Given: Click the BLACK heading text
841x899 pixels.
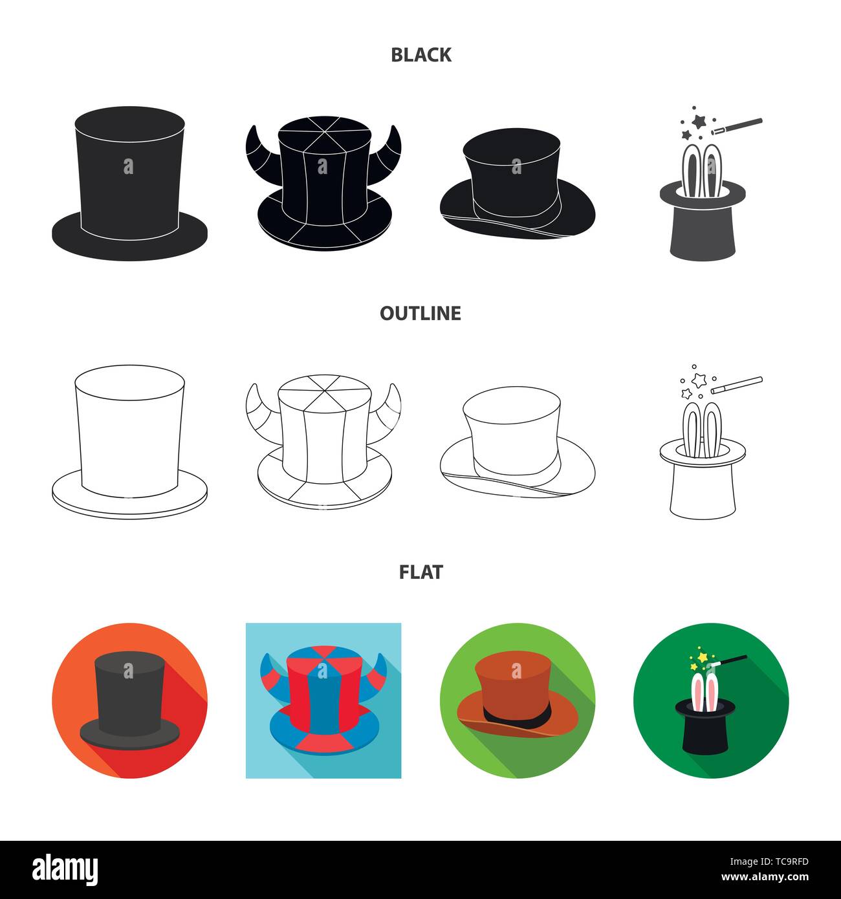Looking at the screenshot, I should pyautogui.click(x=420, y=55).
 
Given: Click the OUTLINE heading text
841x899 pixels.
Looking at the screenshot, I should pyautogui.click(x=420, y=314).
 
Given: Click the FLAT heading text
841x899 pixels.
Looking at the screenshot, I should pyautogui.click(x=420, y=572).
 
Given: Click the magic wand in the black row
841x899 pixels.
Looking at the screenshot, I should pyautogui.click(x=737, y=126).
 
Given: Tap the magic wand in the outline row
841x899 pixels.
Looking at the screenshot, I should pyautogui.click(x=737, y=385).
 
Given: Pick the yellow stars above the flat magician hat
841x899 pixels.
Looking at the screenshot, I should pyautogui.click(x=700, y=658).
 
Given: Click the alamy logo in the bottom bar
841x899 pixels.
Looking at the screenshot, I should pyautogui.click(x=65, y=868).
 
